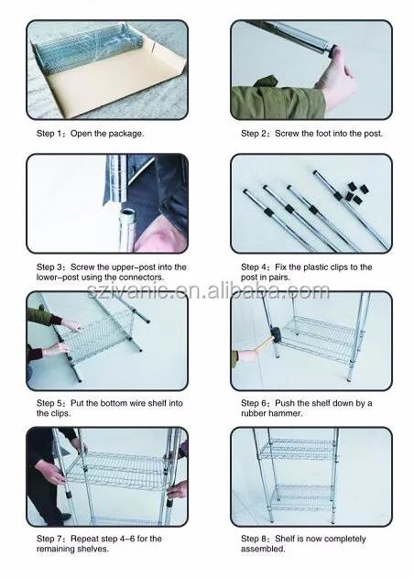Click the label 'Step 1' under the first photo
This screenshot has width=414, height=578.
[x=49, y=133]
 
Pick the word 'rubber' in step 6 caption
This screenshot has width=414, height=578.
[x=252, y=412]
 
